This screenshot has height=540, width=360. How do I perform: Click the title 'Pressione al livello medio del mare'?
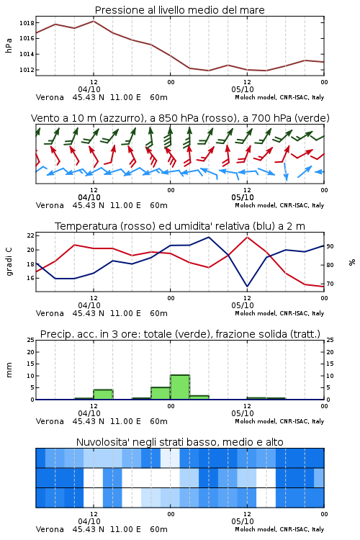pyautogui.click(x=179, y=10)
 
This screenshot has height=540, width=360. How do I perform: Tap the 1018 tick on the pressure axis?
pyautogui.click(x=27, y=23)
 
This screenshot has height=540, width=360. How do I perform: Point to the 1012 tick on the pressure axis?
pyautogui.click(x=27, y=70)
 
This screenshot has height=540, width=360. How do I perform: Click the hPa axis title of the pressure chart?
pyautogui.click(x=9, y=45)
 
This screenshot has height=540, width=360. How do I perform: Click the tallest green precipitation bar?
pyautogui.click(x=180, y=387)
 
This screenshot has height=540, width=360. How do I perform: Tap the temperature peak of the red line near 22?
pyautogui.click(x=248, y=237)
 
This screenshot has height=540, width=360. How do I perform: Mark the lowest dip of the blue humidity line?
pyautogui.click(x=248, y=286)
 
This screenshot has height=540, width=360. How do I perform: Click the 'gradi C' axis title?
pyautogui.click(x=9, y=261)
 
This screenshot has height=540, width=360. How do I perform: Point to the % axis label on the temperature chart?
pyautogui.click(x=352, y=262)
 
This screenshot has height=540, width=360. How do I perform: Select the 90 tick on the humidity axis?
pyautogui.click(x=330, y=246)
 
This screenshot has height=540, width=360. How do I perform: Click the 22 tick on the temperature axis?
pyautogui.click(x=31, y=235)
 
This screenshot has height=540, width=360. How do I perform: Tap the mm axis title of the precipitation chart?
pyautogui.click(x=9, y=369)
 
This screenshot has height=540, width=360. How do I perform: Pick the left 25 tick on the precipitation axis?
pyautogui.click(x=31, y=340)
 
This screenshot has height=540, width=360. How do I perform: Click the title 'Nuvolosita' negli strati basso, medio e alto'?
pyautogui.click(x=179, y=442)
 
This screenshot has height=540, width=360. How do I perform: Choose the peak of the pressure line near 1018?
pyautogui.click(x=94, y=21)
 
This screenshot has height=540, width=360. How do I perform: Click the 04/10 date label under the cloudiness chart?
pyautogui.click(x=89, y=521)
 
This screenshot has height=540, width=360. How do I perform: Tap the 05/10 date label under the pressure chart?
pyautogui.click(x=243, y=89)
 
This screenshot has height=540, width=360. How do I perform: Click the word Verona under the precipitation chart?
pyautogui.click(x=50, y=421)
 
